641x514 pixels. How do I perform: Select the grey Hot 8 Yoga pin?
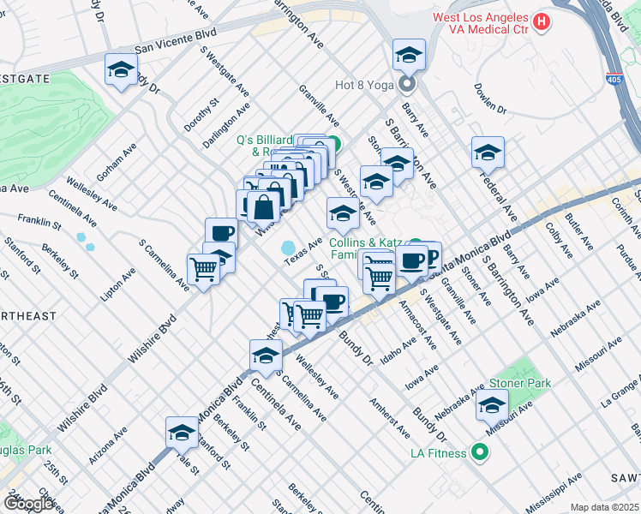click(x=406, y=84)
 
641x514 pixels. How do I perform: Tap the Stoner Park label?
click(x=520, y=383)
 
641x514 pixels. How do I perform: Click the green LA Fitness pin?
click(x=480, y=452)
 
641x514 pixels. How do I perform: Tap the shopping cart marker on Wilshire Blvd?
click(x=204, y=269)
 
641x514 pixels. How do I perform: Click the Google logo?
click(x=28, y=504)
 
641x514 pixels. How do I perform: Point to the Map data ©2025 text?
click(x=604, y=507)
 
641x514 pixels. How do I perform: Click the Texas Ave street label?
click(x=303, y=251)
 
